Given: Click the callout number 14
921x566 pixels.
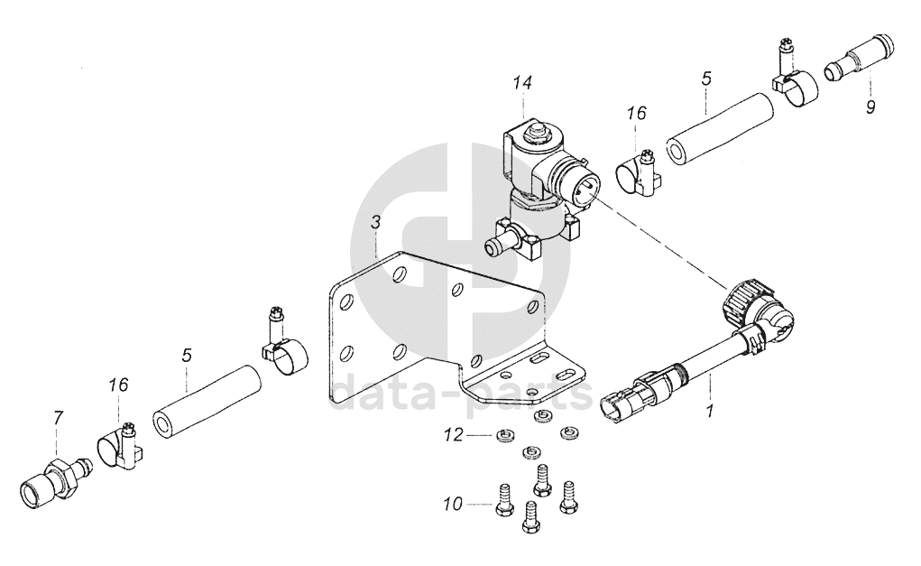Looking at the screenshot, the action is [522, 83].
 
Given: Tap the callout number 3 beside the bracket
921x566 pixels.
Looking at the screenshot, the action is [375, 222].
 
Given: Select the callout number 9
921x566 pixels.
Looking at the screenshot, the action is [870, 107].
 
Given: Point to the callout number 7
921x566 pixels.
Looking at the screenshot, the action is [58, 418].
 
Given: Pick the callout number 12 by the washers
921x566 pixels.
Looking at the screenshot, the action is [453, 435].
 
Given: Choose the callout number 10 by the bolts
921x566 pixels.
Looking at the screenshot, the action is [453, 503].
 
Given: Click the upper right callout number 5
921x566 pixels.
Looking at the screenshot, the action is [705, 79].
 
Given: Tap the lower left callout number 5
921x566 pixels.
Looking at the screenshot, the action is [186, 355].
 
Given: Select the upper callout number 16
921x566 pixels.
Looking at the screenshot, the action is [637, 114].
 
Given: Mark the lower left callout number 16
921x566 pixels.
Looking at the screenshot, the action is [118, 385].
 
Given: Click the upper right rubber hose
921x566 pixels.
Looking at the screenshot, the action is [720, 127].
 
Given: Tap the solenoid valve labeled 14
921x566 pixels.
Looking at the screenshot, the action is [539, 186].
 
